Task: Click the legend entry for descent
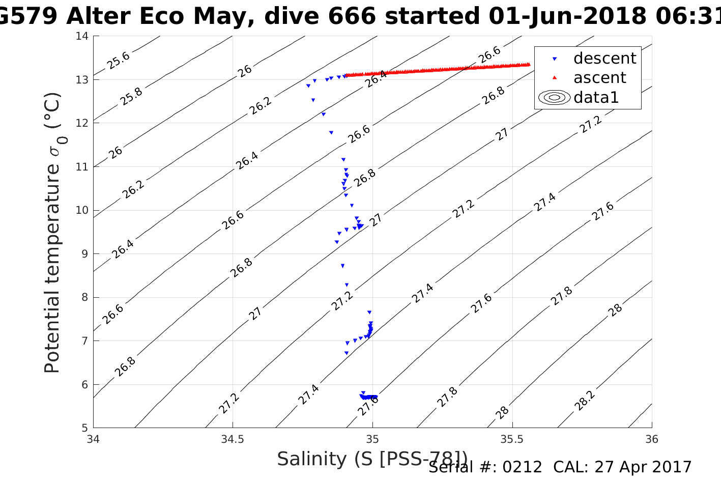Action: [x=604, y=59]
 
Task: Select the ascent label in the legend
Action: [x=599, y=78]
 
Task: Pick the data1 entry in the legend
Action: [x=596, y=97]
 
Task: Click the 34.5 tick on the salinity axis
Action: [x=233, y=439]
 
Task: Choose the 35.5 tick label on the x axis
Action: [x=512, y=439]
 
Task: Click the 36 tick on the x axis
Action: [x=651, y=439]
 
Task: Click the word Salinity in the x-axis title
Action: [x=311, y=459]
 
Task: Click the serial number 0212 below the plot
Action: [x=523, y=467]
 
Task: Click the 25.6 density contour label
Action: [x=119, y=61]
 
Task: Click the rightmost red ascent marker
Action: [x=528, y=64]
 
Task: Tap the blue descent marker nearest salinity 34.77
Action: [x=308, y=86]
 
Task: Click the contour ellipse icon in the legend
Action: [x=554, y=97]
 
